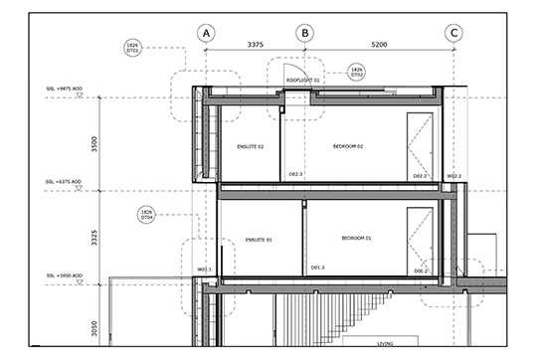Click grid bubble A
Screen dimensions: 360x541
pos(206,33)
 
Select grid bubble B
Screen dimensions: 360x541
pos(305,33)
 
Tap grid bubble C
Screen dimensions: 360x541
pos(454,33)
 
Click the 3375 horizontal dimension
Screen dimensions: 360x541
pos(255,45)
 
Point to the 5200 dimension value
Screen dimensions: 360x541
pos(380,45)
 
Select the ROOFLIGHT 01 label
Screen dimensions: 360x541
pos(303,80)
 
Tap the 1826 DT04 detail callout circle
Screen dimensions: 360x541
pos(145,216)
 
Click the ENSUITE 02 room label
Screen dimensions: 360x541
pos(249,146)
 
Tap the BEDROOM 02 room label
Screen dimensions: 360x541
pos(347,146)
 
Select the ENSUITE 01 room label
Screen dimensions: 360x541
pos(258,240)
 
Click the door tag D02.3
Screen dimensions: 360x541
pos(295,175)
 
